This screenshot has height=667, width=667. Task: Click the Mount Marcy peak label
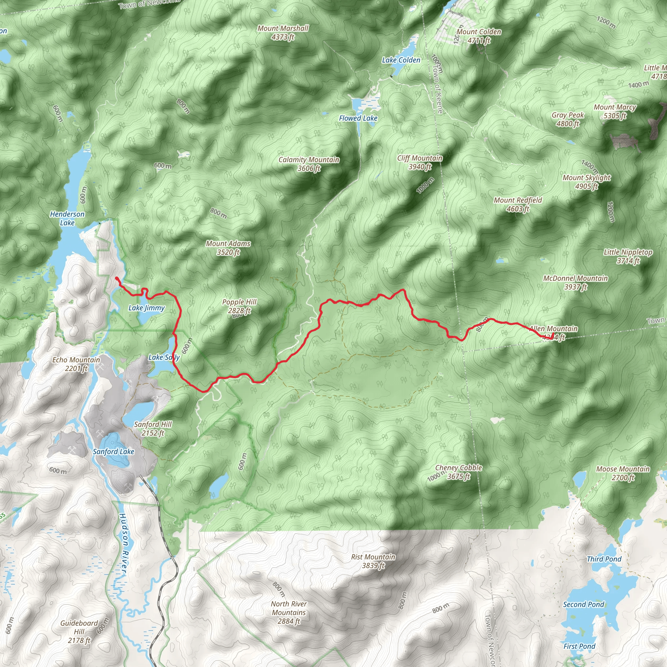[615, 111]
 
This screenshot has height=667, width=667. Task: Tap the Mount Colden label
[479, 36]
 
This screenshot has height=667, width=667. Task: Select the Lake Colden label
[401, 60]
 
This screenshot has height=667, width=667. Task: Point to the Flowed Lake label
[358, 118]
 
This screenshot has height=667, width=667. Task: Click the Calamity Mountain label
[309, 163]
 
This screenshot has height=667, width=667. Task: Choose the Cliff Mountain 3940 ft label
[419, 162]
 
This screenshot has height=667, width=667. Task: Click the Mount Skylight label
[587, 182]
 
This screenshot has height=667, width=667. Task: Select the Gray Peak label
[568, 119]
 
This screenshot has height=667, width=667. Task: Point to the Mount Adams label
[228, 248]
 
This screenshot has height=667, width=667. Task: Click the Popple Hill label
[239, 306]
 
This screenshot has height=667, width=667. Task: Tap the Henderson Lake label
[67, 218]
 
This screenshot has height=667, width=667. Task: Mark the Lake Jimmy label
[146, 307]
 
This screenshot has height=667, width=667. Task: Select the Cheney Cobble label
[459, 472]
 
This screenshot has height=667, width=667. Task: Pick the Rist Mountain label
[373, 561]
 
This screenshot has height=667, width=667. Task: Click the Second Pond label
[583, 604]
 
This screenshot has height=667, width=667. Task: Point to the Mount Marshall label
[283, 33]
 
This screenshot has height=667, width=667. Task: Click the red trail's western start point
[117, 278]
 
